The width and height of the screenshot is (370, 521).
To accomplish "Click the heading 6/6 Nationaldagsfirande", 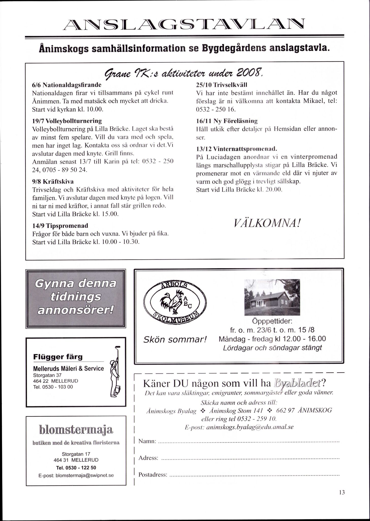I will coord(67,84).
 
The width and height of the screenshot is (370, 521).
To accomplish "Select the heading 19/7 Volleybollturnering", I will coord(67,120).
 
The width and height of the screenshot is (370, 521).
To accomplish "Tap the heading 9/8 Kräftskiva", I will coord(53,181).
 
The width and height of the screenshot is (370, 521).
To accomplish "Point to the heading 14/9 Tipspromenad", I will coord(60,225).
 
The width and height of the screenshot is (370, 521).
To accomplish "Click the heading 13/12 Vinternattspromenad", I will coord(236,148).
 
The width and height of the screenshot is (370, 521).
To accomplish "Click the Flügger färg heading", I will coord(58,357).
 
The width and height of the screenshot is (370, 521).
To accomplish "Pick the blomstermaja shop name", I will coord(76,430).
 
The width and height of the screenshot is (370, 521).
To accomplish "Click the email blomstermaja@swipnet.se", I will coord(76,475).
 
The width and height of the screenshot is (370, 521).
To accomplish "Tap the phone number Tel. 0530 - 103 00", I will coord(53,387).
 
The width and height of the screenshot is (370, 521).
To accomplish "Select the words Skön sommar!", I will coord(175,339).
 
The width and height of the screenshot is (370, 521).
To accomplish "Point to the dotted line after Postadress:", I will coord(254,475).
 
